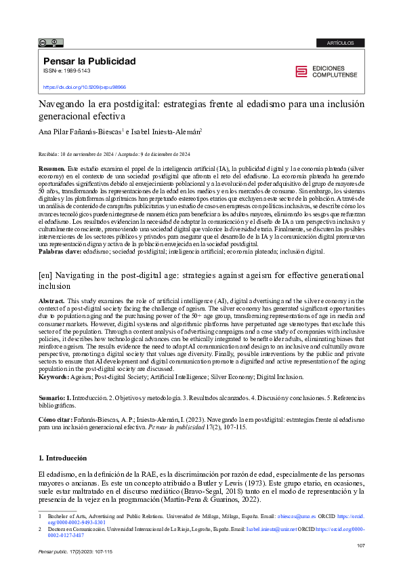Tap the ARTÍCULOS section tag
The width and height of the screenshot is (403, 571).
pyautogui.click(x=339, y=43)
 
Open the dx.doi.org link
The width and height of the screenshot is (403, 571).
pyautogui.click(x=85, y=87)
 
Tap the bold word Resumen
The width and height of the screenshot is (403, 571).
pyautogui.click(x=51, y=168)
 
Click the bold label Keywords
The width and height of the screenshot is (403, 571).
pyautogui.click(x=54, y=376)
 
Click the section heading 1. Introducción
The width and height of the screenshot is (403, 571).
pyautogui.click(x=62, y=458)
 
